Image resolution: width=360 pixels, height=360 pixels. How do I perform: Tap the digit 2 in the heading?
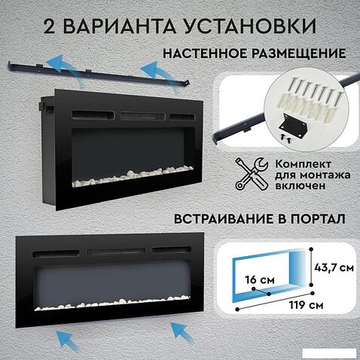49,26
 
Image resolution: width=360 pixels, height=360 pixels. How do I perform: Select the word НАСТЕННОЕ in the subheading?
205,53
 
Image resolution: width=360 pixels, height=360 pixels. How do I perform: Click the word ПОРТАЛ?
318,218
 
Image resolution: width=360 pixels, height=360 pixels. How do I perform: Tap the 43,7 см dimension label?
334,267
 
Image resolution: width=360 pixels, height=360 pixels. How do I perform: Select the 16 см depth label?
260,279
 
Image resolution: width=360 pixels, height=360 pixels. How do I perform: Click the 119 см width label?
306,305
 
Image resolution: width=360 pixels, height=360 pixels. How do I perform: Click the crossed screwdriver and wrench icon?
252,173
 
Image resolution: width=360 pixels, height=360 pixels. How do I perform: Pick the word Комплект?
304,164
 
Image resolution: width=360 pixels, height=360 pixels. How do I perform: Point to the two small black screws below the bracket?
285,139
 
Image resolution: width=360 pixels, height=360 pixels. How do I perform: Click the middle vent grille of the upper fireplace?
142,116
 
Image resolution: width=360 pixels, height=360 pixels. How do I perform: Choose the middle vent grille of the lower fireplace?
116,252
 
